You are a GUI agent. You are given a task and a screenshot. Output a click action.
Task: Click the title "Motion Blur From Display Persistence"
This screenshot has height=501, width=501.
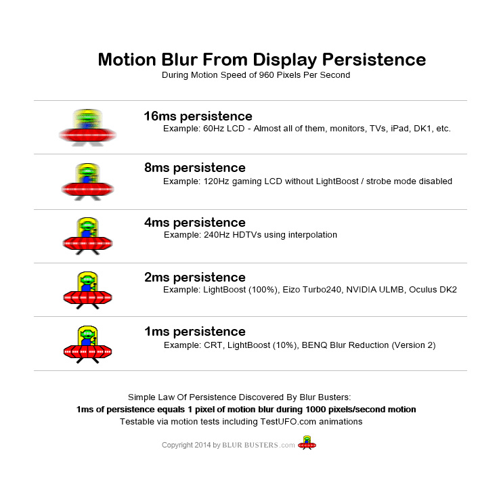[x=261, y=60]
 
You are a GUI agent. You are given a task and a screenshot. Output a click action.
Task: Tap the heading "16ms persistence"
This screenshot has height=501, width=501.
[x=198, y=116]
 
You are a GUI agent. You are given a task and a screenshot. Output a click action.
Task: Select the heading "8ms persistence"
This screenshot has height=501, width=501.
[x=194, y=168]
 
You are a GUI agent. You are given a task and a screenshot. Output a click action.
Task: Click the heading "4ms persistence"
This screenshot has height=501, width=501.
[x=194, y=223]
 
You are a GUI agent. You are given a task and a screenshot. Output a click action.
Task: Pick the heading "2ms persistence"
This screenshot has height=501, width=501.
[x=194, y=278]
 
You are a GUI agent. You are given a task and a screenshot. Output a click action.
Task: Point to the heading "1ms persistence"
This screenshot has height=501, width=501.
[x=194, y=332]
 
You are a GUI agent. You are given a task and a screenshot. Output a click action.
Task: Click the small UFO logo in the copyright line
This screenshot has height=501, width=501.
[x=307, y=443]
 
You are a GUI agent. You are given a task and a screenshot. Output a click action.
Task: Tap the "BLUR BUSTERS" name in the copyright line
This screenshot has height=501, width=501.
[x=251, y=445]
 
